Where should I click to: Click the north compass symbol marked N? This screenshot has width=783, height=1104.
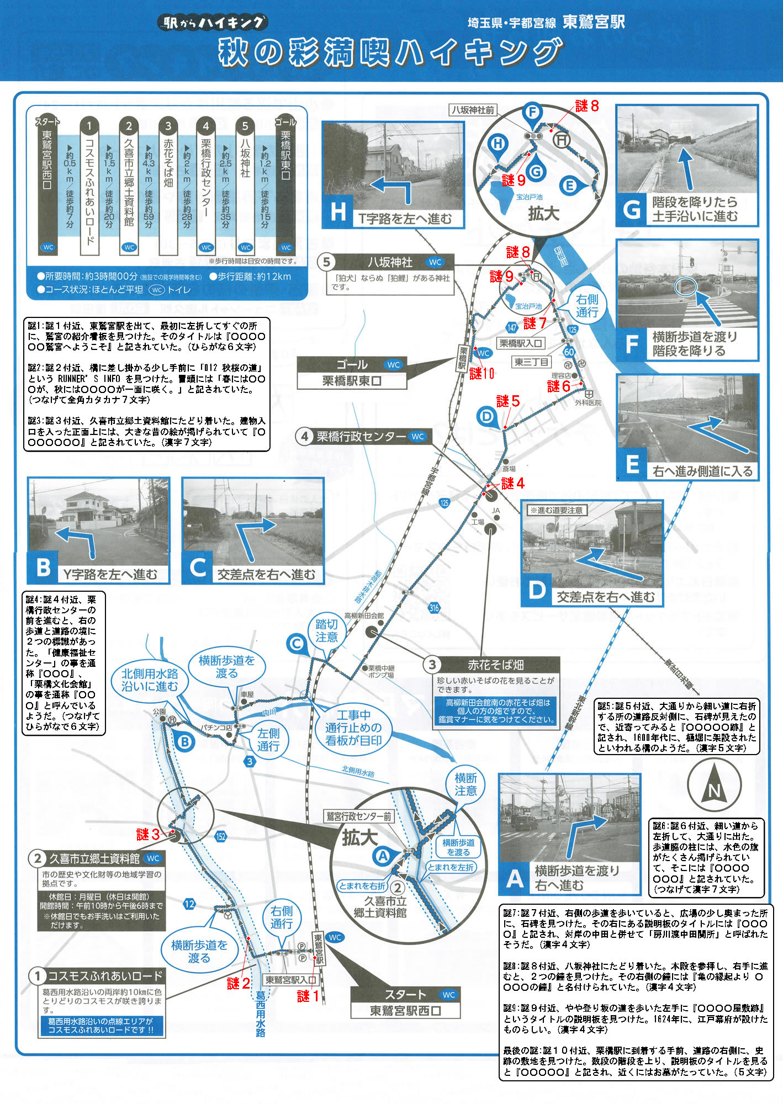click(714, 784)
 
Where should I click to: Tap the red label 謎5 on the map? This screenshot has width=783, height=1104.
click(507, 401)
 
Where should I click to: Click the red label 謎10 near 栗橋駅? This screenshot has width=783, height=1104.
click(482, 374)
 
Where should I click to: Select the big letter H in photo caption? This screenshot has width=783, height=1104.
click(338, 212)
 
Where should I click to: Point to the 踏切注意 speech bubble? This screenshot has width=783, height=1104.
click(326, 630)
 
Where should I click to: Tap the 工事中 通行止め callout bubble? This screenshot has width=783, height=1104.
click(353, 728)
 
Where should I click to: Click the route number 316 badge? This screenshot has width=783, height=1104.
click(434, 608)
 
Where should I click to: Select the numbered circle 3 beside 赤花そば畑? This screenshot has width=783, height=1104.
click(432, 664)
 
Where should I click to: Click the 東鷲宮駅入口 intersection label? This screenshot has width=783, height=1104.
click(290, 979)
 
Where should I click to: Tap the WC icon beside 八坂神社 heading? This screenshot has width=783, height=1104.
click(435, 262)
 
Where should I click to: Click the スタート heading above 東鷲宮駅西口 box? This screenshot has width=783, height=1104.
click(405, 994)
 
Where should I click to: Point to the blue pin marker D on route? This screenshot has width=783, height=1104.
click(486, 416)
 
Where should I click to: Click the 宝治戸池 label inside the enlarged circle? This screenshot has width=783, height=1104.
click(529, 197)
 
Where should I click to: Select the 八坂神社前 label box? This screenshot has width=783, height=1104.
click(473, 110)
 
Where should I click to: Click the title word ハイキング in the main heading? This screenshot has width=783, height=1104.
click(478, 52)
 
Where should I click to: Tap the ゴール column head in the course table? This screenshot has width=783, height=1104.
click(285, 122)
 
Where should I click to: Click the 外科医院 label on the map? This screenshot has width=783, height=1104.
click(588, 403)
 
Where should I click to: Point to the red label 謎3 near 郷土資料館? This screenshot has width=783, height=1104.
click(148, 835)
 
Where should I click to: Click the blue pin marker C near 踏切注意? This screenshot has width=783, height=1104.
click(297, 644)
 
